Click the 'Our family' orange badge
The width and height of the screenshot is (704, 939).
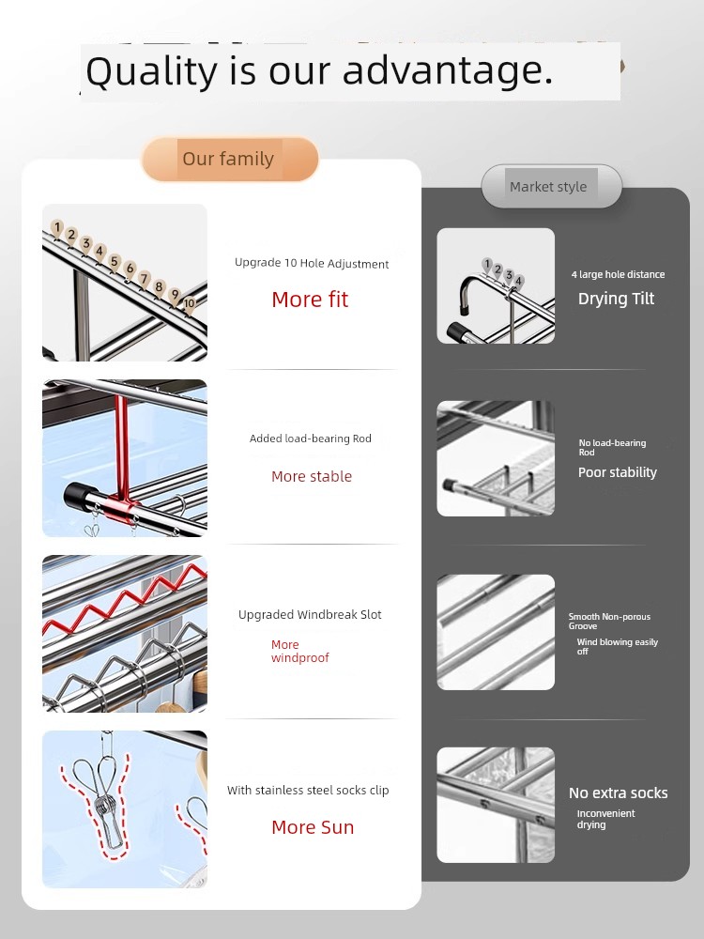point(230,159)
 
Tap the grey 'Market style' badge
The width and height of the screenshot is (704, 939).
point(551,186)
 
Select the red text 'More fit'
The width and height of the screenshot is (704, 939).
point(310,300)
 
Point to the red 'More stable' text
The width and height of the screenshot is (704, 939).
point(312,477)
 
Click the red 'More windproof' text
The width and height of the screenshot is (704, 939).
point(300,651)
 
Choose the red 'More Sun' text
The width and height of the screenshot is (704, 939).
point(313,827)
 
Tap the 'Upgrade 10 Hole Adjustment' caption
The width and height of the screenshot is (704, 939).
point(312,264)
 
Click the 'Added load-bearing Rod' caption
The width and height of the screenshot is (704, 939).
point(310,439)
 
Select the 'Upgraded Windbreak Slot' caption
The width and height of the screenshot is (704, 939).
point(310,614)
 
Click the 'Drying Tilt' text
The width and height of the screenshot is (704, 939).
point(616,299)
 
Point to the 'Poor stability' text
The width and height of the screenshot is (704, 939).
point(618,472)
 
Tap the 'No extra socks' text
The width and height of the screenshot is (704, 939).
point(618,793)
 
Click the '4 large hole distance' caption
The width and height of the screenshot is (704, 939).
point(618,274)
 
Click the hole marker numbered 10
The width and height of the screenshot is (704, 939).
point(190,303)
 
